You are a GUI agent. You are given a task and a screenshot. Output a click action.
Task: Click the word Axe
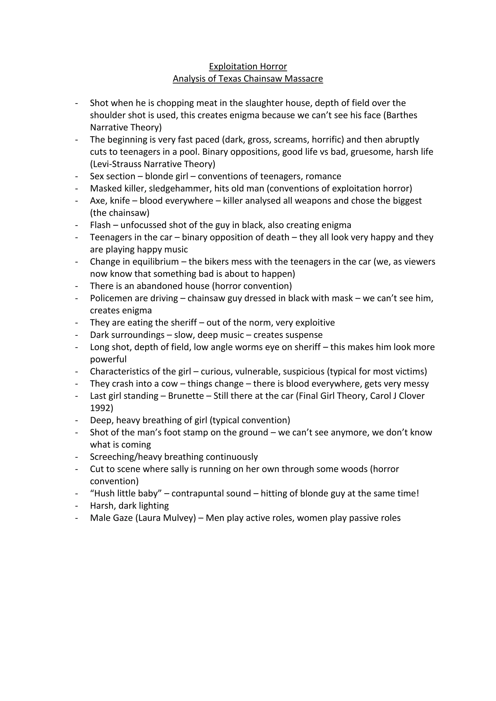(x=97, y=201)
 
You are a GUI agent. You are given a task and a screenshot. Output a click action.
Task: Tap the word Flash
(x=100, y=225)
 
